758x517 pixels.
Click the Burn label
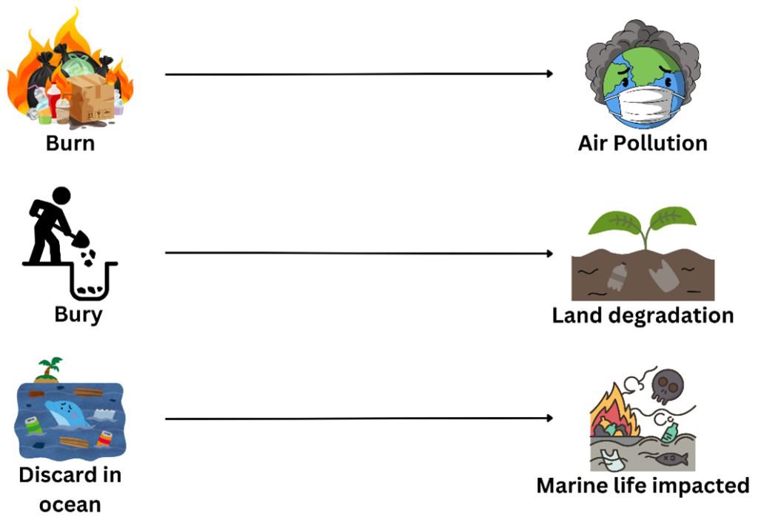point(70,142)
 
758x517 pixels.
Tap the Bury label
point(78,314)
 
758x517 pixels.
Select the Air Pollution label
point(643,142)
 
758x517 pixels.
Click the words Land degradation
point(643,316)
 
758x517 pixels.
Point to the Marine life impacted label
point(643,486)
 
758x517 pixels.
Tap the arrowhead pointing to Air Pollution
point(549,74)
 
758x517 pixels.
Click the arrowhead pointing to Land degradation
point(549,253)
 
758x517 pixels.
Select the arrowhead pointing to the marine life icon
point(549,418)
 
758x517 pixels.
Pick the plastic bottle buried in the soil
point(617,276)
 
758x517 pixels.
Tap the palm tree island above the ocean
point(50,369)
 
